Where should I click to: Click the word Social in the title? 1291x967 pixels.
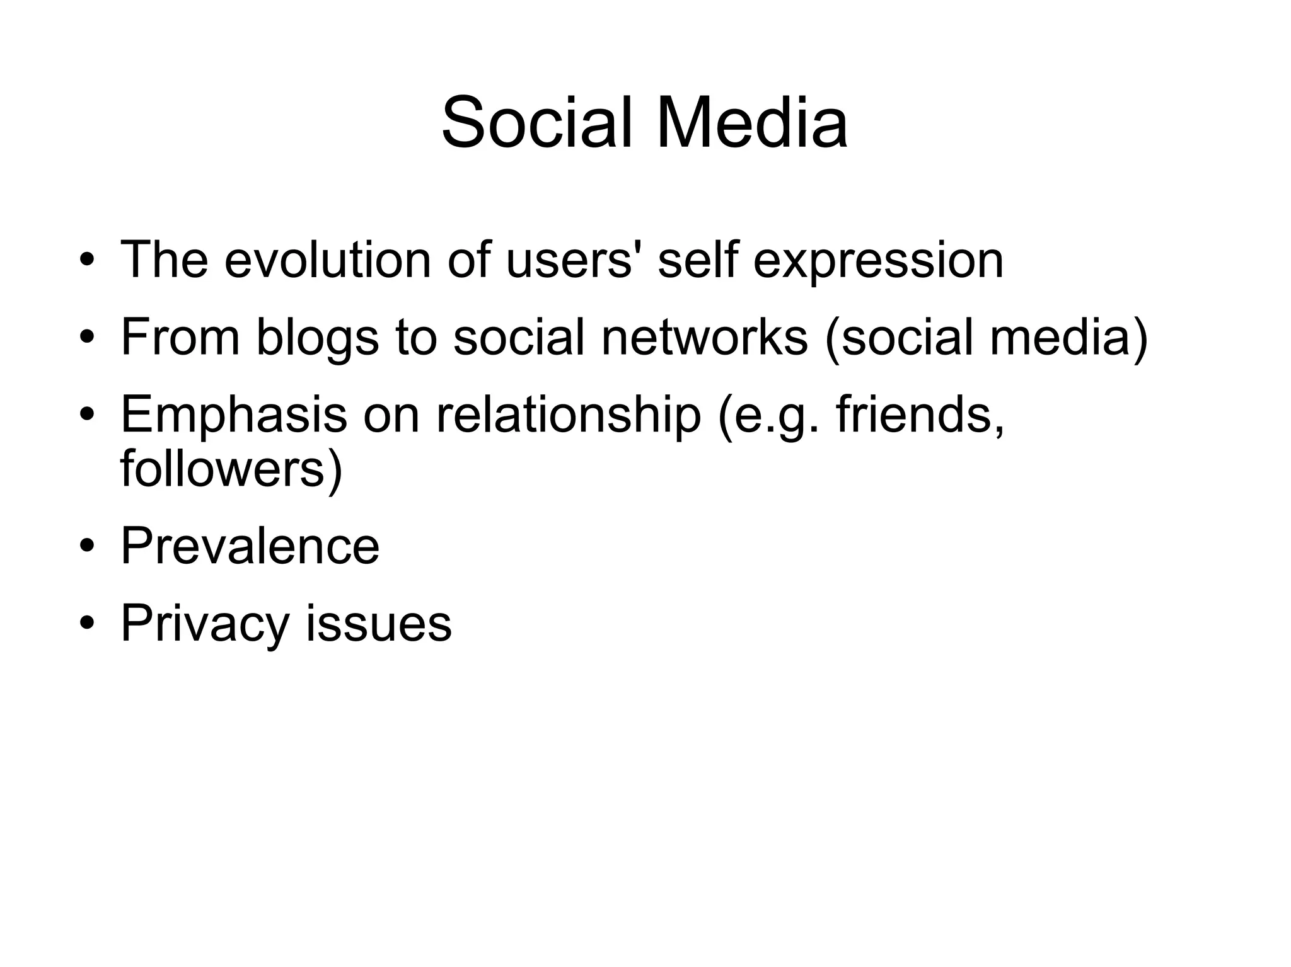pyautogui.click(x=536, y=122)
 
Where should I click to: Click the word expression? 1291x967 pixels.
pyautogui.click(x=878, y=260)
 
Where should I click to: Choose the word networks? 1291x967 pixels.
pyautogui.click(x=704, y=337)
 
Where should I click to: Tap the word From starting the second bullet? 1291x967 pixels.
pyautogui.click(x=180, y=337)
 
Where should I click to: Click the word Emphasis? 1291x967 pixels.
pyautogui.click(x=233, y=416)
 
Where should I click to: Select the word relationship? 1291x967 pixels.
pyautogui.click(x=568, y=416)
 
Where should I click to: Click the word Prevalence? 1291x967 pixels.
pyautogui.click(x=250, y=546)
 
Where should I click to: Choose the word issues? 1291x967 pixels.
pyautogui.click(x=379, y=624)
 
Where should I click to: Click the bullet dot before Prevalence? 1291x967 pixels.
pyautogui.click(x=87, y=546)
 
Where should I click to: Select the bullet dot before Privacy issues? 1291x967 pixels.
pyautogui.click(x=87, y=624)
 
